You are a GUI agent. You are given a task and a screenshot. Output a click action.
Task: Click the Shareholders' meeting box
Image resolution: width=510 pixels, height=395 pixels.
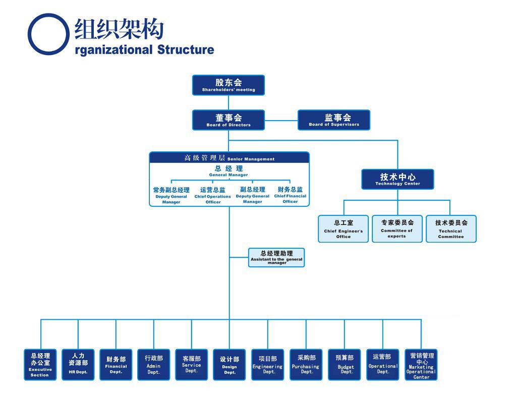[228, 85]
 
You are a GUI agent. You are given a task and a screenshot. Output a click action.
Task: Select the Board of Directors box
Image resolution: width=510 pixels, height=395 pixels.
[228, 120]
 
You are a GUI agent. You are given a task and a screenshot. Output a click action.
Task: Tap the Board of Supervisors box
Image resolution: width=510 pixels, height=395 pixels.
[333, 120]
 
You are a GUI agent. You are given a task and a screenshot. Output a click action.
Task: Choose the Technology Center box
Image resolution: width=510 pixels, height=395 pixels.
[398, 179]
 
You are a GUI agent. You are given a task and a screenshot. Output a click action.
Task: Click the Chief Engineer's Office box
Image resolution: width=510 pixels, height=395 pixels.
[343, 229]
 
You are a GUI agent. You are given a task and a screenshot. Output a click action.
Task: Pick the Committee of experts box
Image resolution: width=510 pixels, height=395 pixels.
[397, 229]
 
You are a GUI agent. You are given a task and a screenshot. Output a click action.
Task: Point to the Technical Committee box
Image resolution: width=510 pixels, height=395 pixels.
[451, 229]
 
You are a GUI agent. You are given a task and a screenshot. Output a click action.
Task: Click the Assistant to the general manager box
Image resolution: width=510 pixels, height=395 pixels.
[276, 257]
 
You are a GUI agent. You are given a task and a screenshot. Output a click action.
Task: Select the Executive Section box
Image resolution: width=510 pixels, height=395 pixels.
[40, 364]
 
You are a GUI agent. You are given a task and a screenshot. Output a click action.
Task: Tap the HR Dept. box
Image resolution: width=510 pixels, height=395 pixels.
[78, 364]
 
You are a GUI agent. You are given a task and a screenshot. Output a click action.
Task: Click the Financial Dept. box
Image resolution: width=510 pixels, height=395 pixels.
[116, 364]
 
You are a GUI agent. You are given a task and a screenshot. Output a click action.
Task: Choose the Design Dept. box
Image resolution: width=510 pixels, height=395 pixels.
[230, 364]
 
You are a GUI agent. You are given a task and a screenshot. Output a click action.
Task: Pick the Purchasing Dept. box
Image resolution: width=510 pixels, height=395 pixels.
[306, 364]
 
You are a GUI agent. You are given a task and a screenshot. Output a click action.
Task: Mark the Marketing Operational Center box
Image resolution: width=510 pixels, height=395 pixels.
[421, 364]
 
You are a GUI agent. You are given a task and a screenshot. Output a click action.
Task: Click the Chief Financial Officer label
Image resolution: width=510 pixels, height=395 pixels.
[290, 195]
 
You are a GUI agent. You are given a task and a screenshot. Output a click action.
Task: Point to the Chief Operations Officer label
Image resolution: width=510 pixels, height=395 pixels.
[213, 196]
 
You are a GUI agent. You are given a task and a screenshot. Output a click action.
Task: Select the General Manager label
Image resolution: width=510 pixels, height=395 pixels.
[229, 171]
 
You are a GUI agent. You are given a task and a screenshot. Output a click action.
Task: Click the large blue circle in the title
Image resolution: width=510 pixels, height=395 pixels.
[48, 34]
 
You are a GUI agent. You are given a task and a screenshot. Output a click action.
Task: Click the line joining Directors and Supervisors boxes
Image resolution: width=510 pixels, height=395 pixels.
[281, 120]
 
